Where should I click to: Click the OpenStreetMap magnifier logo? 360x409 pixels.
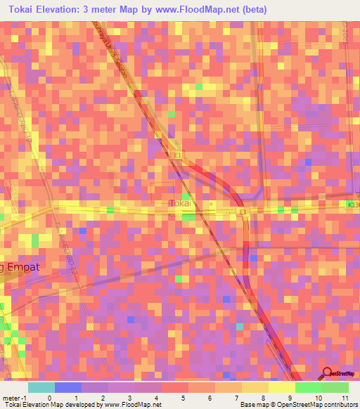(326, 372)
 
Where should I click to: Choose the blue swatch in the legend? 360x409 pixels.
(68, 387)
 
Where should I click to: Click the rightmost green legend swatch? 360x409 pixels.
(335, 387)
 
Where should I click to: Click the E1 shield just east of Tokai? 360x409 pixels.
(243, 211)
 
